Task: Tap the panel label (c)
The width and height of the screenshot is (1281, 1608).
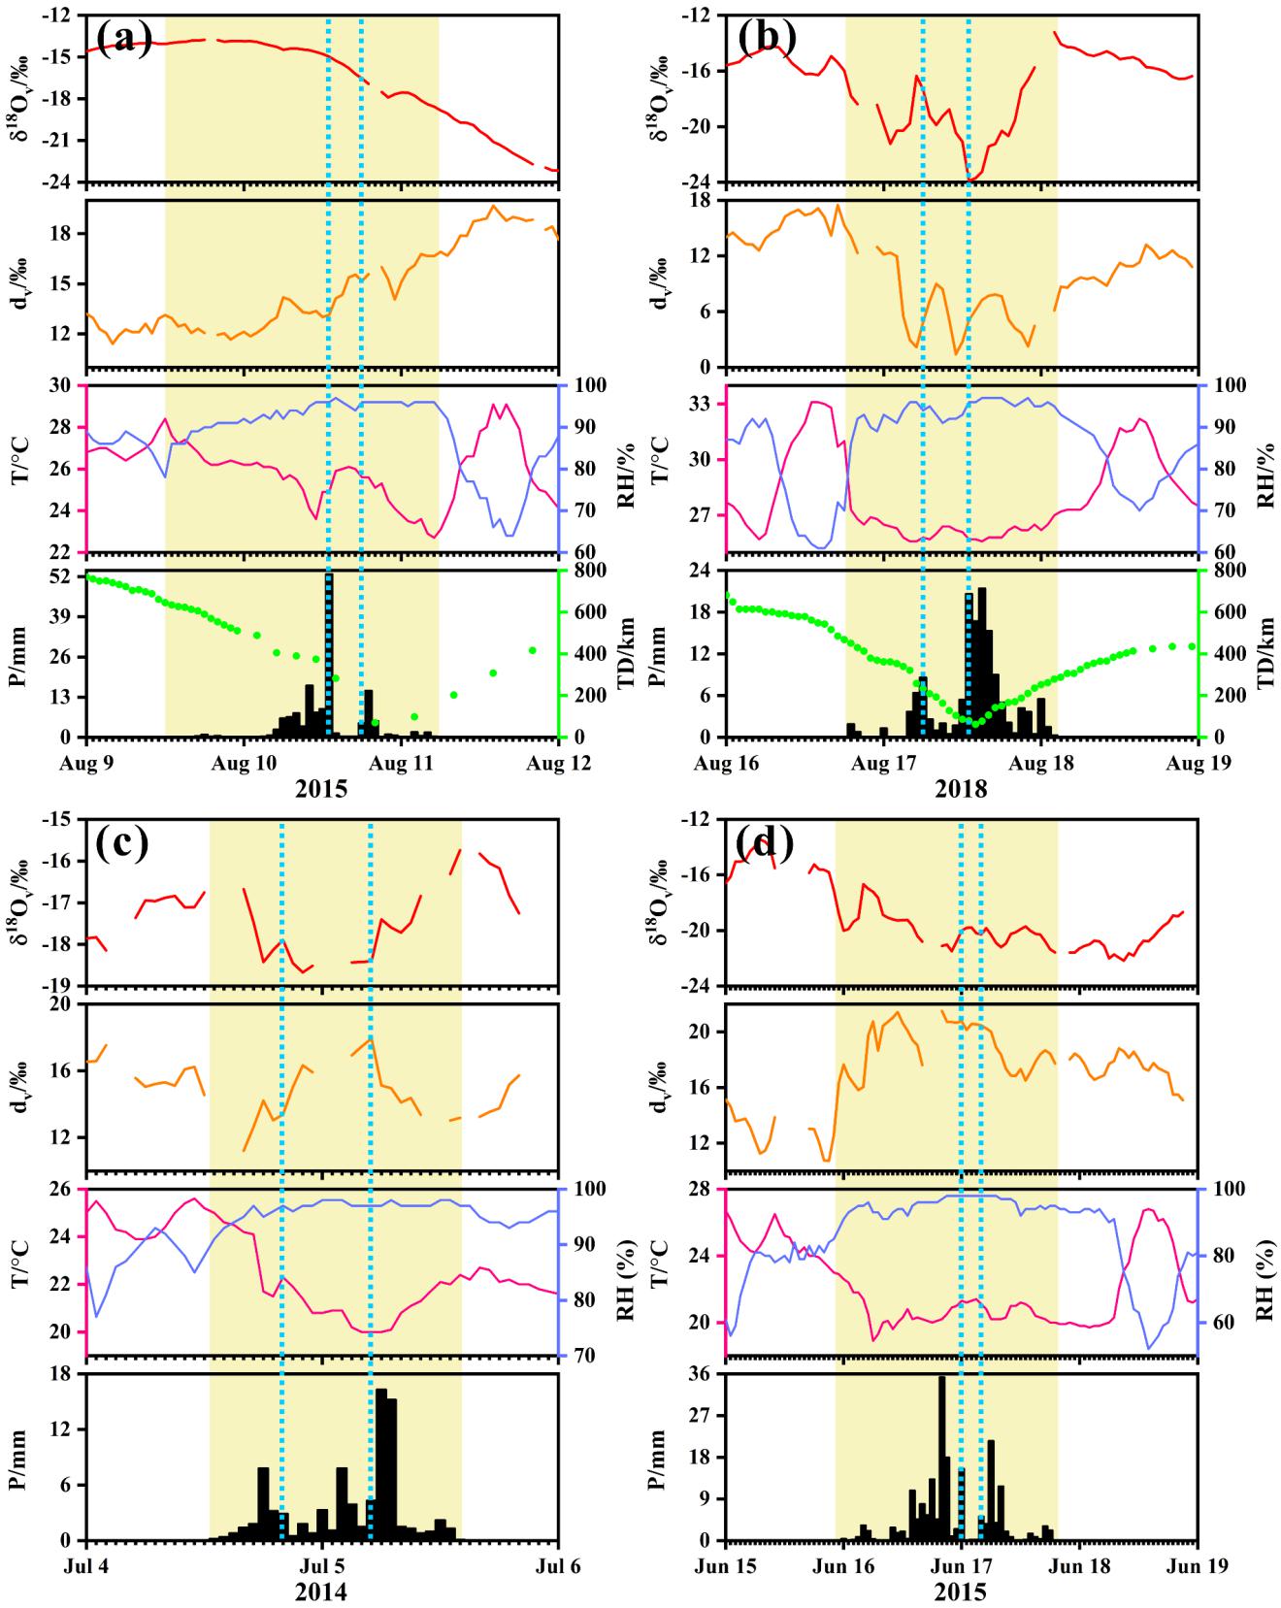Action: [121, 844]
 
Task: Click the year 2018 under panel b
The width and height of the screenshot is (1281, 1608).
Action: [961, 789]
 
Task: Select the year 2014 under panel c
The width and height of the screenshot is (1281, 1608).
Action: [321, 1592]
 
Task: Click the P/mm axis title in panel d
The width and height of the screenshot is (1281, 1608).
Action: [659, 1457]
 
